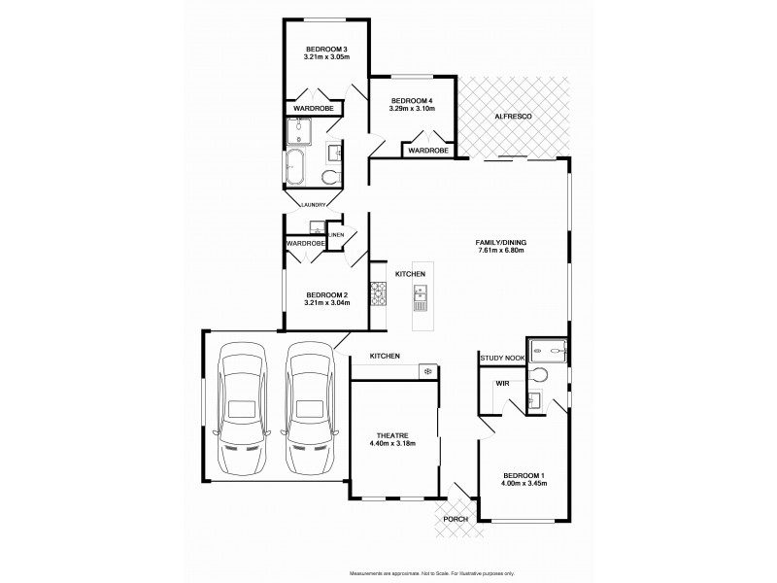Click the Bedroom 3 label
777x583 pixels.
pos(325,49)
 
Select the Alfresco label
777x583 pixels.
pos(511,116)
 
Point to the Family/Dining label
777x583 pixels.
pos(500,242)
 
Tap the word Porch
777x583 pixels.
pos(455,520)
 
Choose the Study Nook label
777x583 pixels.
pos(501,359)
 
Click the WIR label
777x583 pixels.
pos(502,384)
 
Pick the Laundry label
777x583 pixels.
pos(312,204)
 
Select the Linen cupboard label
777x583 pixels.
pos(336,235)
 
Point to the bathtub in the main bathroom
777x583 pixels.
pos(296,167)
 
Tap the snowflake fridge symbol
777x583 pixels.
pos(426,370)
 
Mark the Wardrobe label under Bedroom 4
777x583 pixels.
pos(427,152)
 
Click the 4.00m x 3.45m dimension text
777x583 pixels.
pos(523,483)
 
